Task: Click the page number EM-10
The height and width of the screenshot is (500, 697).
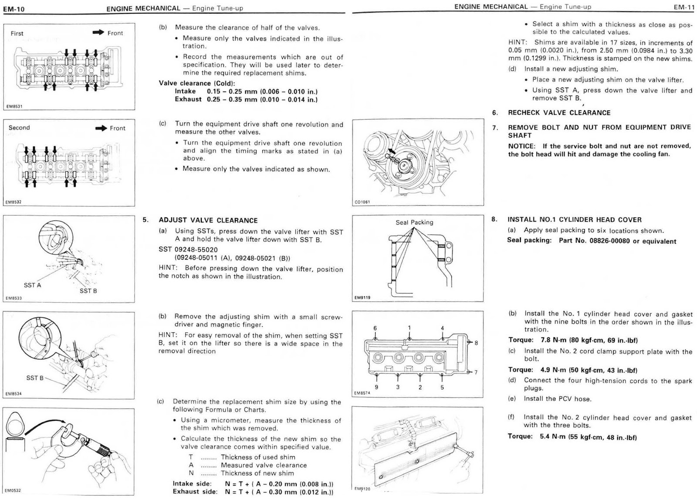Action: point(14,8)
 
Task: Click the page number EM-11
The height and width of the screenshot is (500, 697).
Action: point(683,7)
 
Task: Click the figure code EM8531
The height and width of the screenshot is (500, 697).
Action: point(14,106)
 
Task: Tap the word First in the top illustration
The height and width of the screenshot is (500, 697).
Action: point(17,34)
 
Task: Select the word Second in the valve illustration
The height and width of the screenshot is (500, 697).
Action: point(19,128)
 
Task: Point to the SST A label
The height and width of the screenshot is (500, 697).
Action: point(32,285)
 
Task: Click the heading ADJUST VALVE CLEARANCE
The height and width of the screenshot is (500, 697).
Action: point(208,220)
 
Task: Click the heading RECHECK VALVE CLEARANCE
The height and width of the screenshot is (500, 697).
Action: point(559,113)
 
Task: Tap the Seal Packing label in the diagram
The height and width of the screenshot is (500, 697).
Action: point(414,222)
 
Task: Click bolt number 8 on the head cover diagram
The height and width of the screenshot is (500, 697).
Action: point(476,343)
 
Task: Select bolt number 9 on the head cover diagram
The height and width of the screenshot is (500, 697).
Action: point(376,387)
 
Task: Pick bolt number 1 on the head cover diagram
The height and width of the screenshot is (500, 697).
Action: point(409,328)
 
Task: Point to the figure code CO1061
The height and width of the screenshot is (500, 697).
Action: point(362,202)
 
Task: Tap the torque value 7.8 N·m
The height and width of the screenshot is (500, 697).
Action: point(552,340)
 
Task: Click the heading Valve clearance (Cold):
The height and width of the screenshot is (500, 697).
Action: point(197,83)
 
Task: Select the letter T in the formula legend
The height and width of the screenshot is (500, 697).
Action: point(191,457)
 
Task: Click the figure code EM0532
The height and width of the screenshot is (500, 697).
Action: point(13,490)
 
